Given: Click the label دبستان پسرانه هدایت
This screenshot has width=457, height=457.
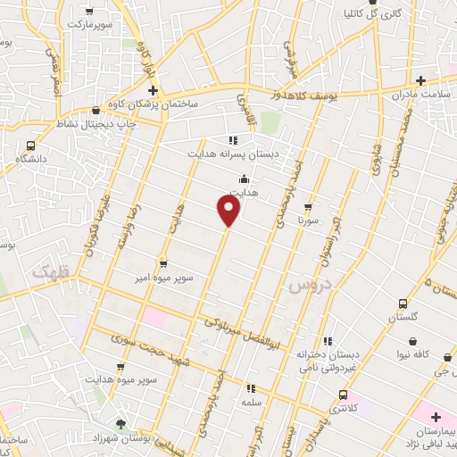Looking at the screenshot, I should pos(232,154).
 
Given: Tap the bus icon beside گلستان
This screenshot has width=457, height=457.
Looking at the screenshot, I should pos(402,304).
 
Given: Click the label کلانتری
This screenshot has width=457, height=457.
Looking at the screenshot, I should pos(343,409).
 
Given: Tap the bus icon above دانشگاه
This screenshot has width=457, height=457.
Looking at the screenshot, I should pos(31,145).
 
